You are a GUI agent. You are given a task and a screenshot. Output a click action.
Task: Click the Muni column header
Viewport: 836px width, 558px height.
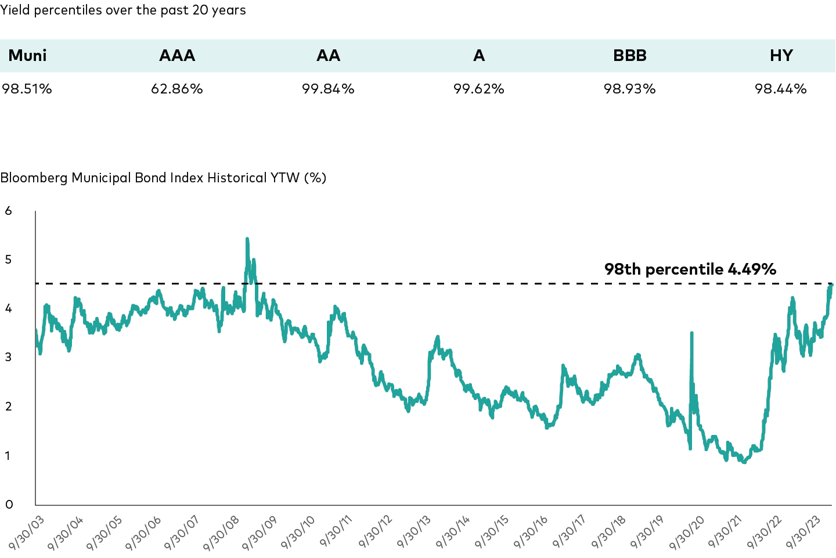point(27,56)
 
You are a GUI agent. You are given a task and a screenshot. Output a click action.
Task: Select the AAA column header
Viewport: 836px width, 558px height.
point(177,56)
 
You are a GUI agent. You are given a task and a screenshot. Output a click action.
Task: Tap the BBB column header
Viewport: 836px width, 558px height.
point(629,56)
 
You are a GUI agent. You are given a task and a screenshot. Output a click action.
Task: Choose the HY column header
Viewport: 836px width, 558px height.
point(781,56)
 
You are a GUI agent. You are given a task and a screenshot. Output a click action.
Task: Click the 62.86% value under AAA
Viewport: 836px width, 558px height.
point(177,89)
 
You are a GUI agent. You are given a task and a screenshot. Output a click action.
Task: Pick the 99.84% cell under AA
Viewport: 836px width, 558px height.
point(328,89)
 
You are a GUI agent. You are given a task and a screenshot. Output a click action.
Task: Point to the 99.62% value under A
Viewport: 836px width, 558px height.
point(479,89)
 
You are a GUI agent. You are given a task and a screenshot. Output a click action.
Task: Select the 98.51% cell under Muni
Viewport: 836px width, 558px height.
point(27,89)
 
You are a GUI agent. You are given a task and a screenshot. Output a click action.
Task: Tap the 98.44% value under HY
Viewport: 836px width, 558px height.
point(781,89)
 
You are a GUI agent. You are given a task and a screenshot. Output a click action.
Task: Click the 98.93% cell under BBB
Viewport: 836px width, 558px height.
point(629,89)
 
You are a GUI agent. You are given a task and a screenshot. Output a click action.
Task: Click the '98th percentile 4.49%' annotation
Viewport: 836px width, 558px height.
point(690,269)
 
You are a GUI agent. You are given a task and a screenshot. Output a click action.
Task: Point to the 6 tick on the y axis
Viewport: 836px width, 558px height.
point(9,211)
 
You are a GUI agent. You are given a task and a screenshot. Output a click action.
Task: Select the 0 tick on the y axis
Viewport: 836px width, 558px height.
point(9,505)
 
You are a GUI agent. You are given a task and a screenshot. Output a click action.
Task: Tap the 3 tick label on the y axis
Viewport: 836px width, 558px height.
point(9,357)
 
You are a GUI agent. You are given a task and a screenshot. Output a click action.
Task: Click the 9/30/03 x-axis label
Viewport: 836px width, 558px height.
point(27,532)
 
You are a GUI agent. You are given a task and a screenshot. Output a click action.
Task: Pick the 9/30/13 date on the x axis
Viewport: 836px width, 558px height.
point(416,532)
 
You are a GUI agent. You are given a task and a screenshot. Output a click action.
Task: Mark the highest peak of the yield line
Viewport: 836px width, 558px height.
point(247,239)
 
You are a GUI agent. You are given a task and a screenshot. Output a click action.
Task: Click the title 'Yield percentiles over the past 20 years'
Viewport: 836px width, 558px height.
point(123,10)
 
